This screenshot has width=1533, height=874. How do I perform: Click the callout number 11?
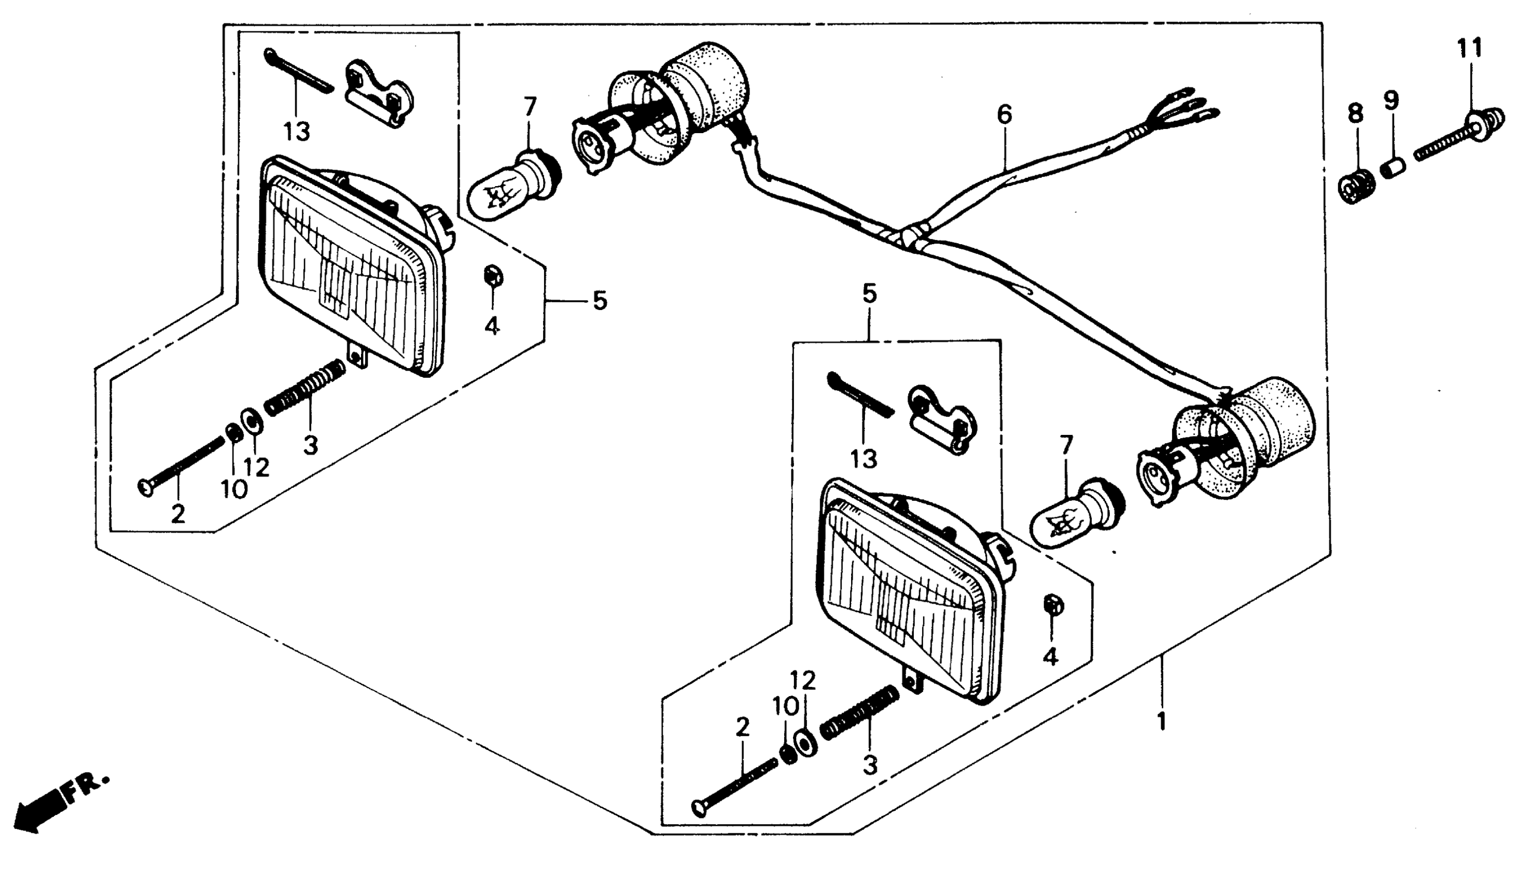[1470, 48]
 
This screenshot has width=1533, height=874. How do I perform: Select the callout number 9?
[1392, 100]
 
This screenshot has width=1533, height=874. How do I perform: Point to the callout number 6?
[1005, 115]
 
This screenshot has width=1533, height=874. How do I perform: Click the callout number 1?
[1162, 721]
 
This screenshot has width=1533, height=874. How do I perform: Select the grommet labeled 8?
[1356, 187]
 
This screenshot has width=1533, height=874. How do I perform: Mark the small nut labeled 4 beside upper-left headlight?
[493, 277]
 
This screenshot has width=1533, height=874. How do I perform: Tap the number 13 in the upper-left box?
[297, 131]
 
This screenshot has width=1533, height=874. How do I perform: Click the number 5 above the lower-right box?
[869, 294]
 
